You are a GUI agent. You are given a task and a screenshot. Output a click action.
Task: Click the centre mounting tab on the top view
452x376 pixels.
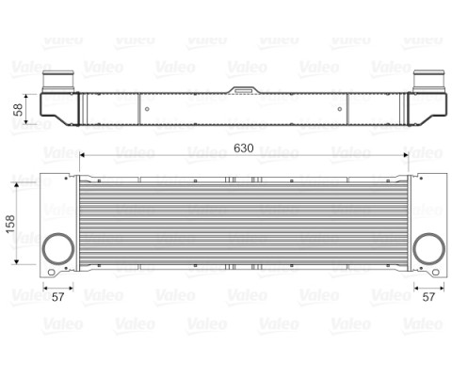pyautogui.click(x=244, y=90)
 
